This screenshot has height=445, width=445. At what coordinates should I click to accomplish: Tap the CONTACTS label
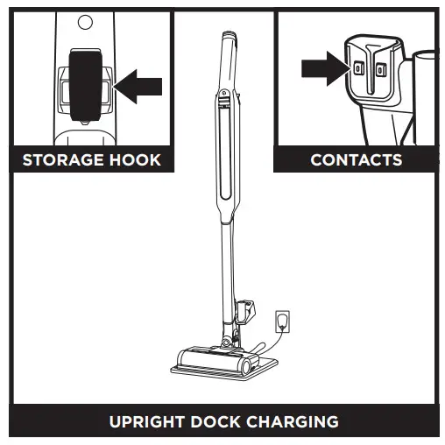(356, 160)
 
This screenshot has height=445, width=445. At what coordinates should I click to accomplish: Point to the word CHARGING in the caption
(296, 421)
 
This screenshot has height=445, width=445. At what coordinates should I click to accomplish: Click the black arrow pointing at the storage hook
(140, 86)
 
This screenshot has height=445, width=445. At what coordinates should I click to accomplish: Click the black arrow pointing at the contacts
(321, 67)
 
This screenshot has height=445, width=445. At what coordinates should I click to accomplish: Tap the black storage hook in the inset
(85, 83)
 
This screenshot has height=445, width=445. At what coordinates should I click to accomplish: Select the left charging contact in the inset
(357, 69)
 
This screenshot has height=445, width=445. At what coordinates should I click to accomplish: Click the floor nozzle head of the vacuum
(219, 359)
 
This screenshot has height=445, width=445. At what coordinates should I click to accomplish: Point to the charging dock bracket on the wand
(244, 308)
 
